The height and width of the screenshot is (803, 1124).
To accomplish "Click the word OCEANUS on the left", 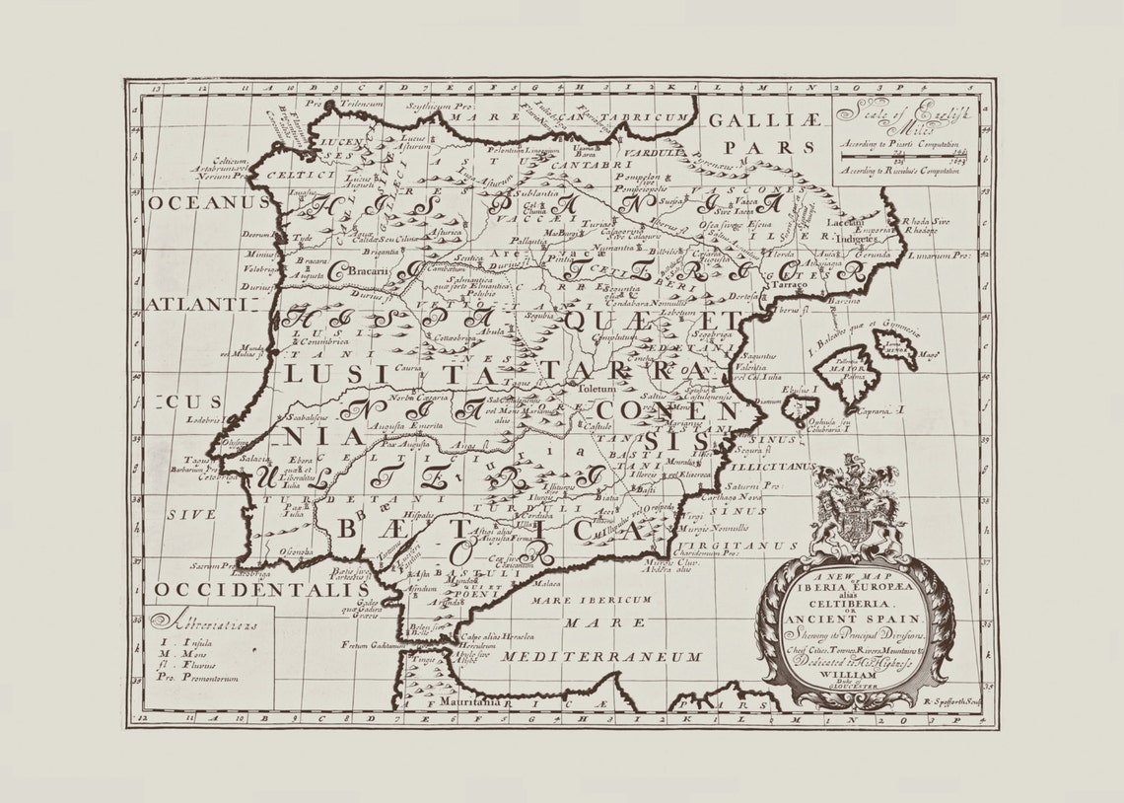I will point(209,201).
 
